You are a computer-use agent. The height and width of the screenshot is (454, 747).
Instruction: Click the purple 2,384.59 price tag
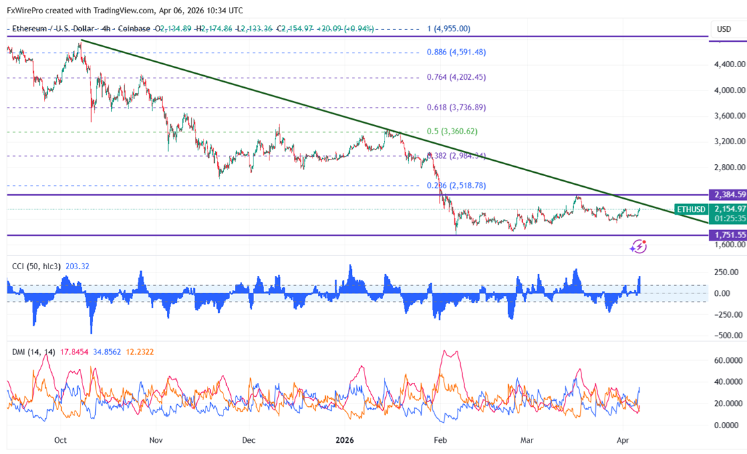(x=728, y=195)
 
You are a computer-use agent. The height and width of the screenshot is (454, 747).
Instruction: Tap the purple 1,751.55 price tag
(x=728, y=235)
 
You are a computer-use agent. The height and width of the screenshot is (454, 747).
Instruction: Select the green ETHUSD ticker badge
(x=690, y=209)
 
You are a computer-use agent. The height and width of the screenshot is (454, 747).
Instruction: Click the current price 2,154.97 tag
(x=728, y=209)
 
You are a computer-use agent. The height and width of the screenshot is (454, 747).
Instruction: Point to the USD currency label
(x=724, y=29)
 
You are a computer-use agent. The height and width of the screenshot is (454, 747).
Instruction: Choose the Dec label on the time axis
(x=249, y=440)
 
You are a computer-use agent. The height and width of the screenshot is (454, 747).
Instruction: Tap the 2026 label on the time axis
(x=345, y=440)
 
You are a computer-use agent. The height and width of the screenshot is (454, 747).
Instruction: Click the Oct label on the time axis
(x=61, y=440)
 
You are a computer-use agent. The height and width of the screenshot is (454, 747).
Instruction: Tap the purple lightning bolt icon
(x=638, y=247)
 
